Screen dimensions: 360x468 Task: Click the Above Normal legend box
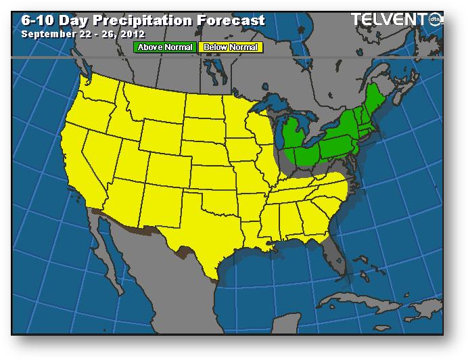point(165,47)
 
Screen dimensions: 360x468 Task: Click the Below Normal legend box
point(229,47)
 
